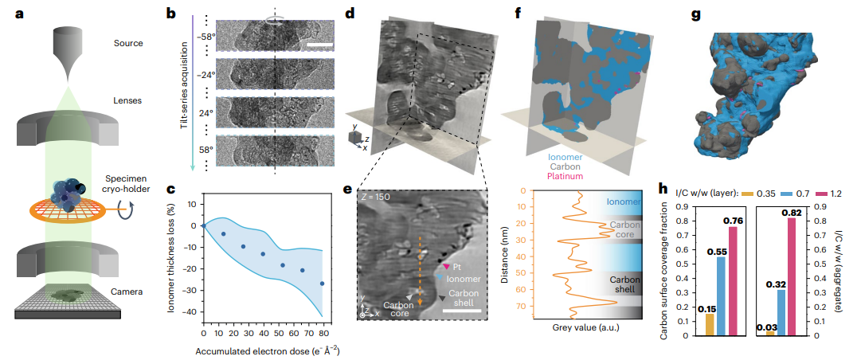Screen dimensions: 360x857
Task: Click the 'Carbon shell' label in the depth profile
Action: click(x=620, y=284)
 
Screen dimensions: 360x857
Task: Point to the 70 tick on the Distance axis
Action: click(x=528, y=303)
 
